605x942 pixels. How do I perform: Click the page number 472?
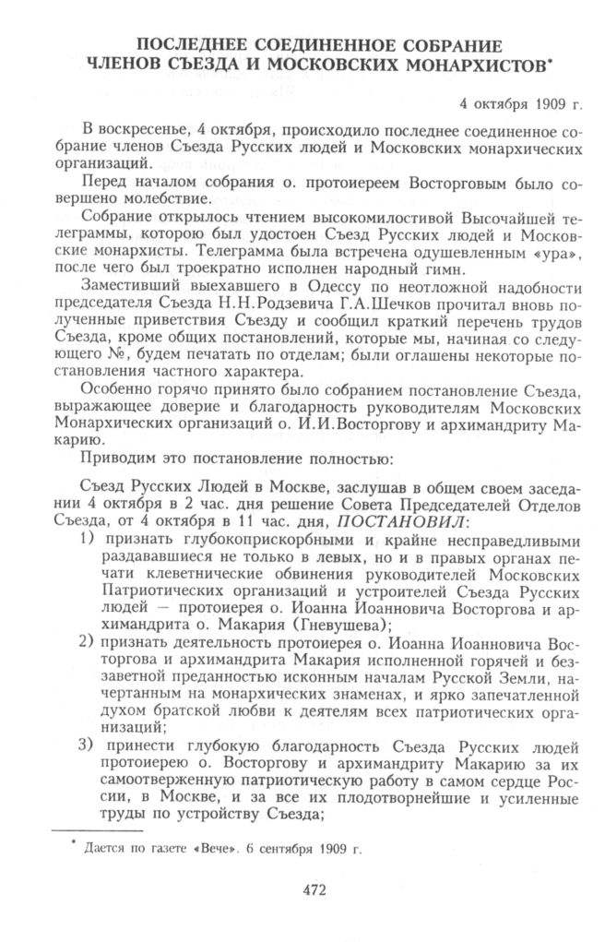point(302,889)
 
